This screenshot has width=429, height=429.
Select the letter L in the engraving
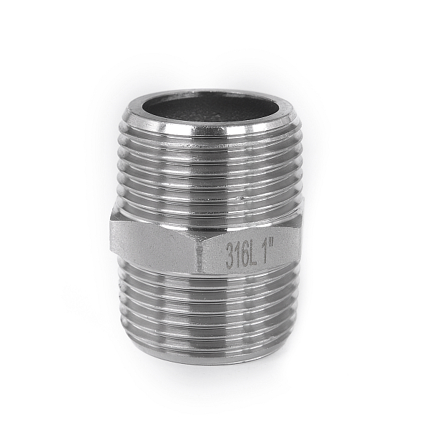click(x=253, y=253)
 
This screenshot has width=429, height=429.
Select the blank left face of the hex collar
click(x=153, y=241)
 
